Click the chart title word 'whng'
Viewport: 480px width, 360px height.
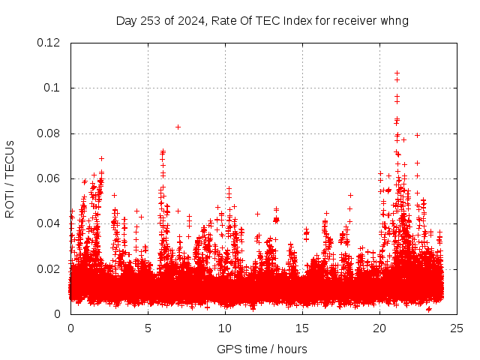click(x=394, y=20)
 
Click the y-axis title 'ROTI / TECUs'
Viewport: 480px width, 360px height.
click(x=10, y=178)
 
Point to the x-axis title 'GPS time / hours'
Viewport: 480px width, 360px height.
click(x=262, y=349)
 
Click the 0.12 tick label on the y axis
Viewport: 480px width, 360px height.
click(x=49, y=43)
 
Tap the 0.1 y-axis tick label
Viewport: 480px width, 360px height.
click(x=52, y=88)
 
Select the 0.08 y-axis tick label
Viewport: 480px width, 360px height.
click(x=49, y=133)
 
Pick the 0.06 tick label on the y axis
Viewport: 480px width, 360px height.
click(x=49, y=178)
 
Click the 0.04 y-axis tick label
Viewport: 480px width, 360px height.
click(x=49, y=223)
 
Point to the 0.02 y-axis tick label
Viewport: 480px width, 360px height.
click(x=49, y=268)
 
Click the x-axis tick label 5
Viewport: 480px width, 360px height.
click(x=148, y=328)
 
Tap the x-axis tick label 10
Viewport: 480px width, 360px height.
click(x=225, y=328)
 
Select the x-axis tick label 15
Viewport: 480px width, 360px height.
click(x=302, y=328)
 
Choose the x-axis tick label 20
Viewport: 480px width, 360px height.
click(x=379, y=328)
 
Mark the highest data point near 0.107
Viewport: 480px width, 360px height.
click(x=397, y=73)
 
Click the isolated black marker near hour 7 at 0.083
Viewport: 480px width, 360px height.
click(x=178, y=127)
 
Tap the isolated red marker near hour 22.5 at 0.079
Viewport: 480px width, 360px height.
click(x=417, y=135)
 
